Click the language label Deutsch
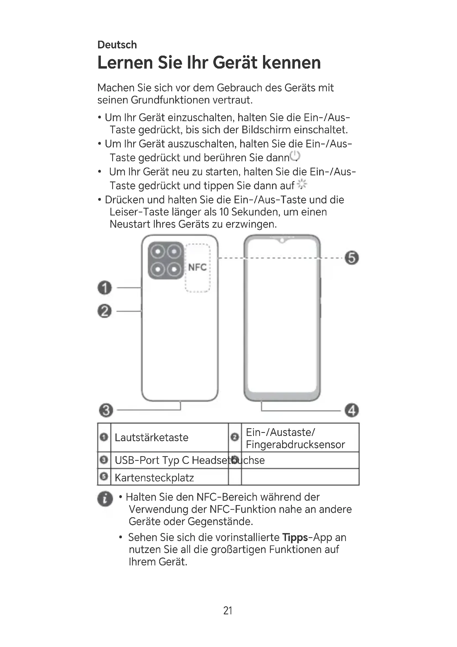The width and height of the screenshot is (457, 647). point(117,45)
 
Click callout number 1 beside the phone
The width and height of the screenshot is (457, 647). point(105,288)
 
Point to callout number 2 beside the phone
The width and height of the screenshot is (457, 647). point(105,311)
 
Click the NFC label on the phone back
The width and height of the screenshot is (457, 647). point(197,267)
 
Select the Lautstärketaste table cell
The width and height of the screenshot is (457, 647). point(151,437)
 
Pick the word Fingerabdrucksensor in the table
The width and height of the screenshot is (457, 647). point(295,445)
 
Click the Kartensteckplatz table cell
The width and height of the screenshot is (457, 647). point(154,478)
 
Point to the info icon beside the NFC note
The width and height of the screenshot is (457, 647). point(105,498)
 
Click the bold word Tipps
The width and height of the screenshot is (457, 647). point(295,537)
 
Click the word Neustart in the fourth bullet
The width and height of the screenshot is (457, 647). point(130,224)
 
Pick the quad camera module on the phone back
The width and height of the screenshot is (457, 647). point(166,260)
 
